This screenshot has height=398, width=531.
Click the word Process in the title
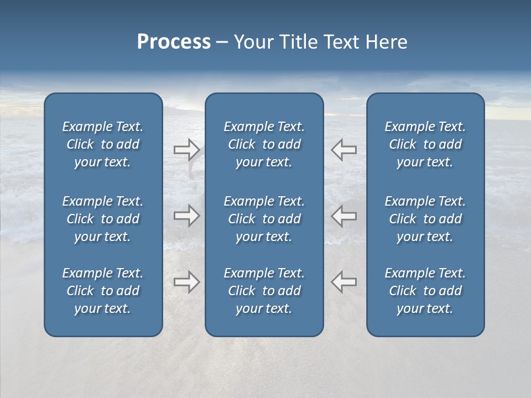174,42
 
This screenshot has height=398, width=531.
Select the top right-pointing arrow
186,150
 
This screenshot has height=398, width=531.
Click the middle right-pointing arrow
186,216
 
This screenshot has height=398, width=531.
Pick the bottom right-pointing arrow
186,282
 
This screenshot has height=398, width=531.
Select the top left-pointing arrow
343,150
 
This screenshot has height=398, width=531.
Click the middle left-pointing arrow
343,216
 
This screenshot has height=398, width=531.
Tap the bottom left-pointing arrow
343,282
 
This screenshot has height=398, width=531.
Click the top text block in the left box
103,144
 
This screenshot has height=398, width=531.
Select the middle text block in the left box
103,219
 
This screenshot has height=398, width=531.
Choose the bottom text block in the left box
103,291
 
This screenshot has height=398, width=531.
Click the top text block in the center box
264,144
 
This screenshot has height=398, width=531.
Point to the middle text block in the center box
264,219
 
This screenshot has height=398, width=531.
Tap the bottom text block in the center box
264,291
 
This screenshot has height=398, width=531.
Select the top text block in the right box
425,144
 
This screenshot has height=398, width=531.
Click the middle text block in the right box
425,219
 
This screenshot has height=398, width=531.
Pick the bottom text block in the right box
425,291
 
